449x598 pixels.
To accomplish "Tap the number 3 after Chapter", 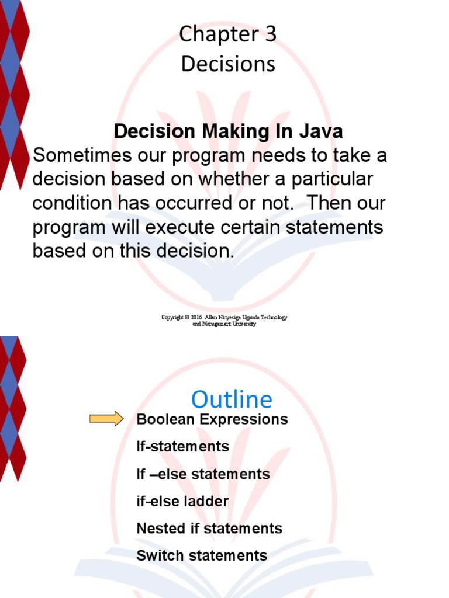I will (x=270, y=35).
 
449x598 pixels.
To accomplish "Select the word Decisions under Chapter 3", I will (x=228, y=64).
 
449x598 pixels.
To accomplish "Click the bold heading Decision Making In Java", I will (x=228, y=132).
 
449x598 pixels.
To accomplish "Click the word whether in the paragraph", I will (x=223, y=179).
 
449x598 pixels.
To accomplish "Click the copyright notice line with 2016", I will (x=224, y=317).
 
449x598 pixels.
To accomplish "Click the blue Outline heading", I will (x=232, y=400).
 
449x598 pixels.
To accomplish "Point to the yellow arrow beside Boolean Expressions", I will (x=106, y=418).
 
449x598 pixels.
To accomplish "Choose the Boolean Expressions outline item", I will (x=212, y=419).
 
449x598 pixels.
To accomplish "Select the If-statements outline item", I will (x=182, y=447).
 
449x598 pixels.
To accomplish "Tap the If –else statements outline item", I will (x=203, y=474).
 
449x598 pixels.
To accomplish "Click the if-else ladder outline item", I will (x=182, y=501).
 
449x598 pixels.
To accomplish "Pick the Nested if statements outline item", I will (x=209, y=529).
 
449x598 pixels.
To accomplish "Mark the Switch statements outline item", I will (x=202, y=555).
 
